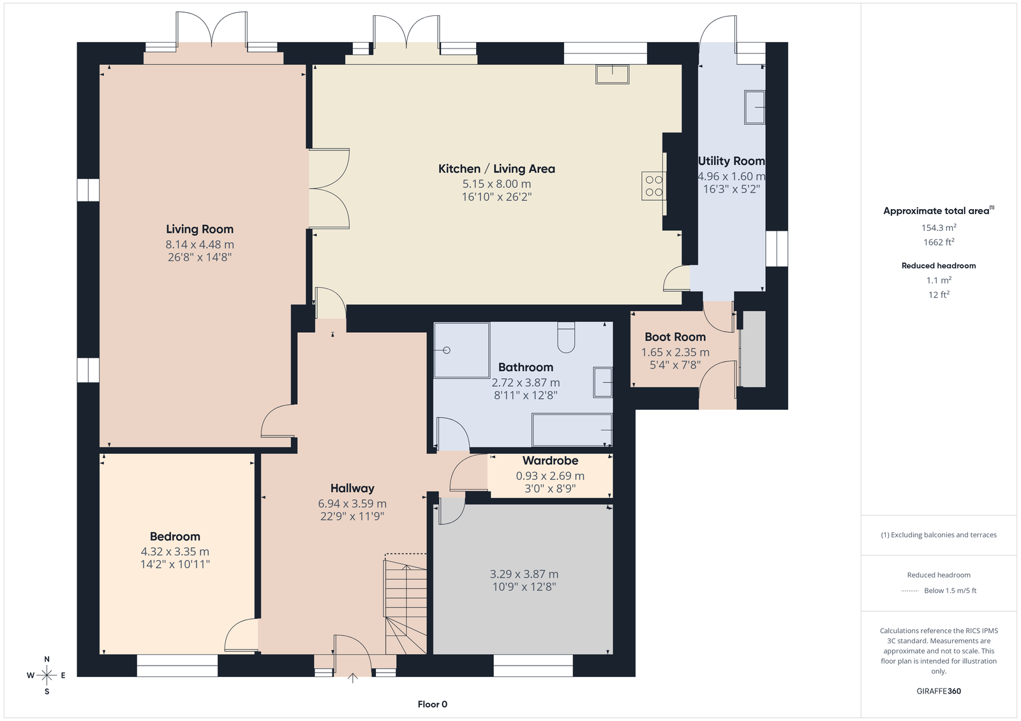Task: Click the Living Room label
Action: click(200, 229)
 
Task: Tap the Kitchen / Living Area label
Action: click(497, 169)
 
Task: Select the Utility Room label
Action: click(731, 161)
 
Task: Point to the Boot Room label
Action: click(675, 337)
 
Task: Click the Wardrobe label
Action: click(550, 460)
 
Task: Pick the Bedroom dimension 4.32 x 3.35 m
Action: click(175, 551)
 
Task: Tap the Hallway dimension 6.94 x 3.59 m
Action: click(352, 504)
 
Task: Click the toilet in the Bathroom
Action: click(566, 337)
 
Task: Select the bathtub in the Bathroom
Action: click(572, 430)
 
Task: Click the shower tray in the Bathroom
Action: click(462, 350)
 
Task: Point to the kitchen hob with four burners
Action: click(653, 186)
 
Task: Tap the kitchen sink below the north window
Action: click(612, 74)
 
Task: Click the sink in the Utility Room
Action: click(754, 108)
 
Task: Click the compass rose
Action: click(47, 675)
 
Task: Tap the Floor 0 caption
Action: click(433, 704)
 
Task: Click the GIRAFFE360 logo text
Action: click(939, 691)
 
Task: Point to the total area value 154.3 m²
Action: click(939, 228)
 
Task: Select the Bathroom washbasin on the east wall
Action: click(602, 382)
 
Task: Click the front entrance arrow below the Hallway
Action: click(352, 678)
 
